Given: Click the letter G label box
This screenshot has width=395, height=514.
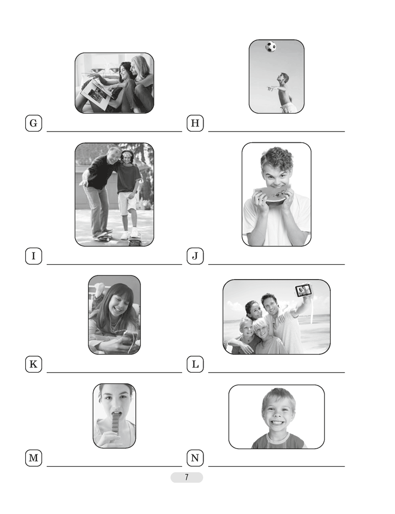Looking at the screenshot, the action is (33, 123).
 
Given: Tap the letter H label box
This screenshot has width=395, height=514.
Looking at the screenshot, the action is (195, 123).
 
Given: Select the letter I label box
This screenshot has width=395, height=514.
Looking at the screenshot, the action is (33, 256).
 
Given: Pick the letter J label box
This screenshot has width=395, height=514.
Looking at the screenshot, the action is (195, 256).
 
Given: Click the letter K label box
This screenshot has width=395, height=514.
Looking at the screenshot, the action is (33, 364).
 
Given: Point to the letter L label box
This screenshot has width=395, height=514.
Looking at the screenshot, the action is (195, 364).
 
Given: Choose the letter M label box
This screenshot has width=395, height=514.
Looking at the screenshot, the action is (33, 458).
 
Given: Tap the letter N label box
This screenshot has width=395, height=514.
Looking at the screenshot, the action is (195, 458).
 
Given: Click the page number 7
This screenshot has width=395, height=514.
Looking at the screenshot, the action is (187, 478).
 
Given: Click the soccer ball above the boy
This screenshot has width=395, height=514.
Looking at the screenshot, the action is (271, 47).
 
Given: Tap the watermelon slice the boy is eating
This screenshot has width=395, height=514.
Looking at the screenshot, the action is (272, 195).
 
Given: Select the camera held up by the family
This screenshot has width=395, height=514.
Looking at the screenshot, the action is (303, 290).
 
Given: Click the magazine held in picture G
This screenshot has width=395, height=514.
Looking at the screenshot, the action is (97, 95).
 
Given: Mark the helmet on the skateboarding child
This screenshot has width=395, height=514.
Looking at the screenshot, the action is (127, 154).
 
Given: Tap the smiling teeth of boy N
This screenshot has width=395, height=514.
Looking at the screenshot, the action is (276, 423).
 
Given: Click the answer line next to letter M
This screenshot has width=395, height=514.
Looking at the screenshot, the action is (114, 466).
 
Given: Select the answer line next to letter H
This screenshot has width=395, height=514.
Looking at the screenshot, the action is (277, 132).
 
